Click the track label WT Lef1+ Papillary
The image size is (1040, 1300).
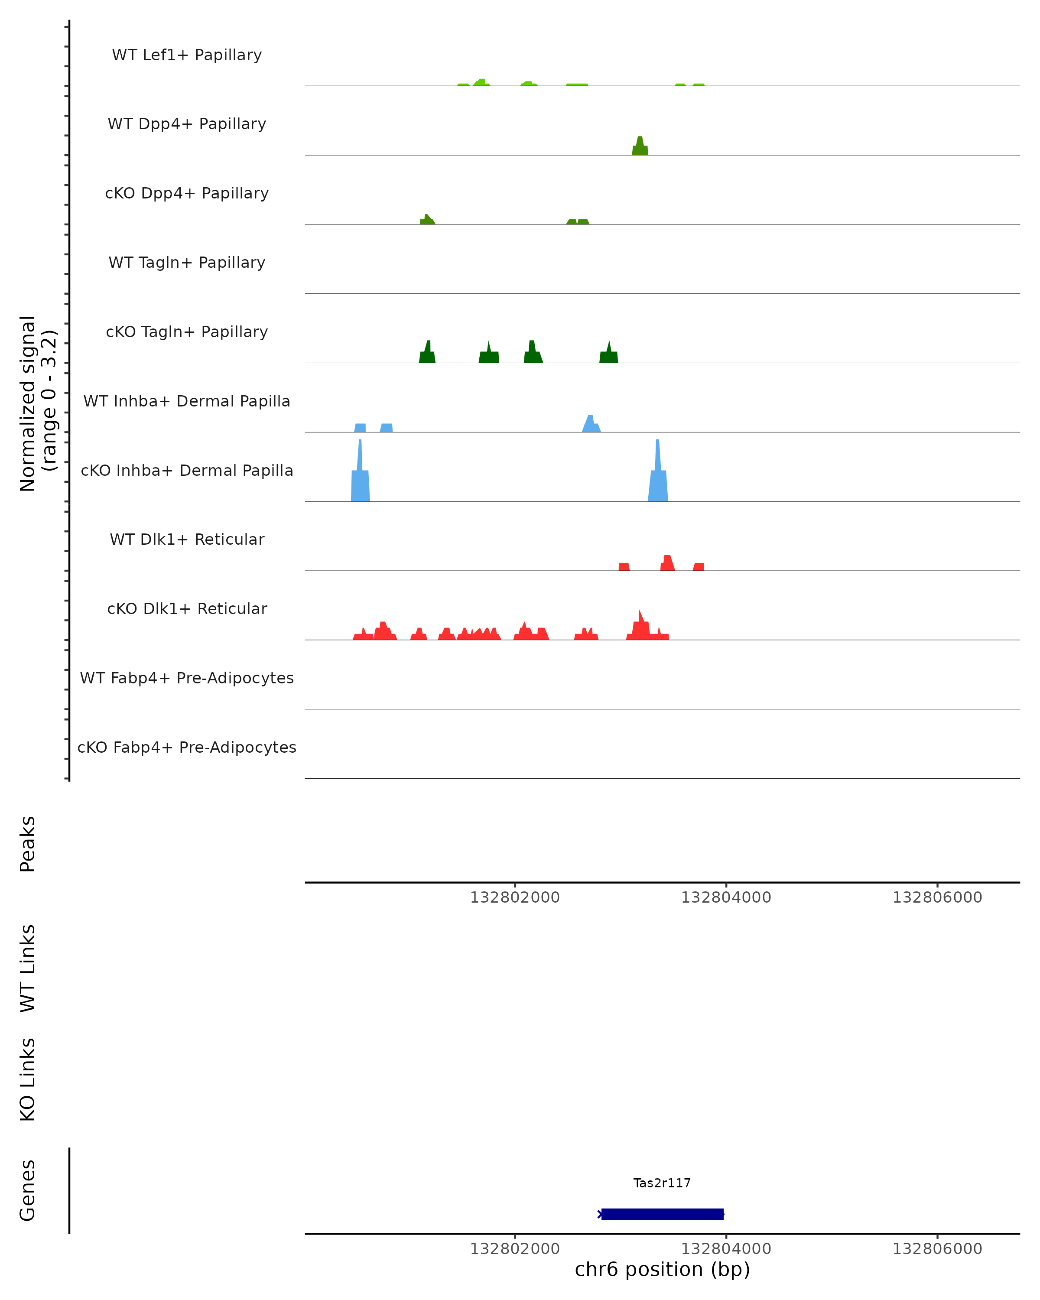point(187,55)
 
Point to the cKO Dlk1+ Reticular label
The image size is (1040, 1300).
point(187,608)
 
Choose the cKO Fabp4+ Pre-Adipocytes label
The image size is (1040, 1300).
point(187,747)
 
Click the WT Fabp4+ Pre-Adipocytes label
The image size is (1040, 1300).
point(187,678)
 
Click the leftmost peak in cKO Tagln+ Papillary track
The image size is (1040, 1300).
point(427,353)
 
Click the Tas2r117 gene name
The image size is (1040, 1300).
point(662,1183)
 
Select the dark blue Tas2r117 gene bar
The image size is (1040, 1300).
point(662,1214)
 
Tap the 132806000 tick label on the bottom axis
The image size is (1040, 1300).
point(937,1249)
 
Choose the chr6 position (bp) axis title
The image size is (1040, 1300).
point(662,1269)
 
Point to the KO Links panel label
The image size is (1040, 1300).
point(28,1079)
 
